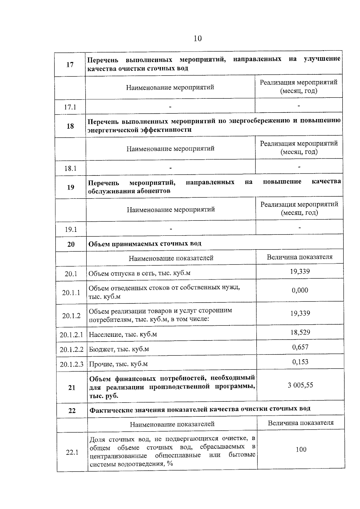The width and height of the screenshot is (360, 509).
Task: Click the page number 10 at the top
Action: (x=198, y=38)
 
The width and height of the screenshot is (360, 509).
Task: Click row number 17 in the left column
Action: (x=70, y=65)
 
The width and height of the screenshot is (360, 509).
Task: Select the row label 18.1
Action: (x=70, y=168)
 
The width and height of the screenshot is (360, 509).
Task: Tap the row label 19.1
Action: (x=71, y=229)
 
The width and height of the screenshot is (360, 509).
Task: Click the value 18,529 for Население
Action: (x=300, y=332)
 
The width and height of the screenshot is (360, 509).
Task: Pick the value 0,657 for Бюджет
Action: (x=300, y=347)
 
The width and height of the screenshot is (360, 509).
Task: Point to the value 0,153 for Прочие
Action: (x=300, y=362)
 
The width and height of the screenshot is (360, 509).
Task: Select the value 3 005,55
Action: (x=300, y=385)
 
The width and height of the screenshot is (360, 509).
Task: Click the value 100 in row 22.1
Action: (x=301, y=449)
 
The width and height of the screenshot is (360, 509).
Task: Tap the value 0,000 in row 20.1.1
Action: (x=300, y=290)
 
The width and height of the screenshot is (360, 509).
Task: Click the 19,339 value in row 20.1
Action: (x=300, y=271)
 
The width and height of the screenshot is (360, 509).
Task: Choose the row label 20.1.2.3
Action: (x=72, y=364)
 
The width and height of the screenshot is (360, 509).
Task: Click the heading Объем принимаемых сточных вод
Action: (x=145, y=244)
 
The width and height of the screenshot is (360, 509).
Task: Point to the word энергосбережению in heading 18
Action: (x=260, y=121)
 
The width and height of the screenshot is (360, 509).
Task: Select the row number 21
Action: (x=72, y=388)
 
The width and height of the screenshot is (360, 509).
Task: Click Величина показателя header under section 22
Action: (x=301, y=423)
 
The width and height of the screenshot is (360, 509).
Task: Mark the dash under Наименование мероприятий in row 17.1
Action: (x=170, y=106)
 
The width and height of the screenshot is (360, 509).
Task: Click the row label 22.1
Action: (x=72, y=452)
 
